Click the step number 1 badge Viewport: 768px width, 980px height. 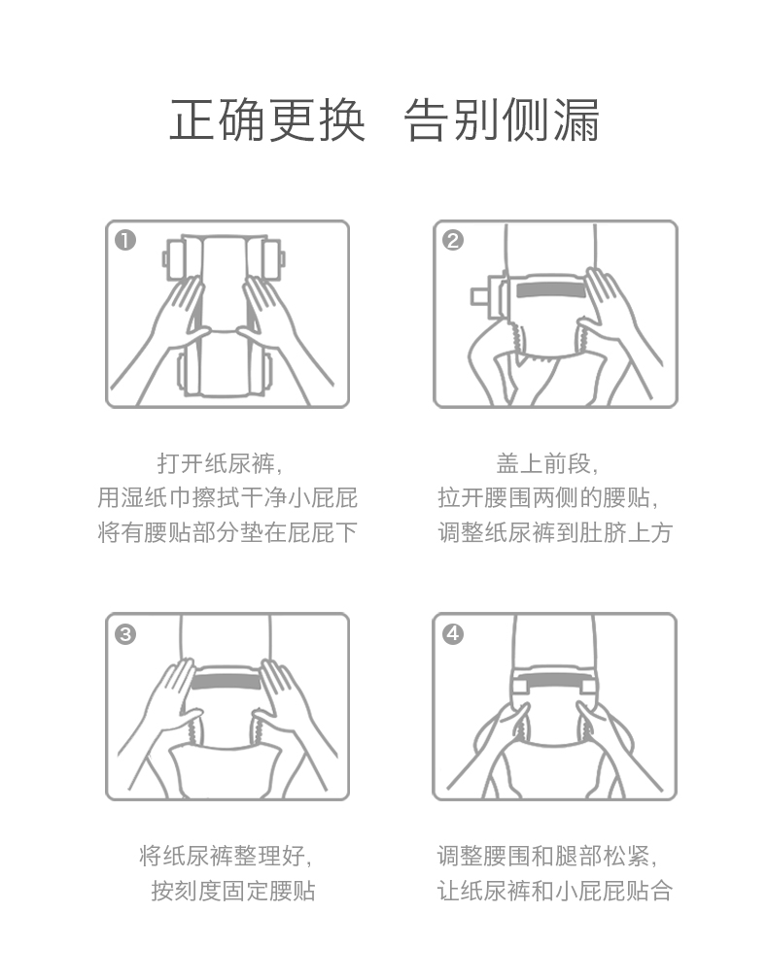point(125,241)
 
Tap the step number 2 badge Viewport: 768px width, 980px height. point(453,241)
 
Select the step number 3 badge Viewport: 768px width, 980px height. point(125,634)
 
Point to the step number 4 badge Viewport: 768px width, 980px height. point(453,634)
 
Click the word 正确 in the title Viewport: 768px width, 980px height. point(218,119)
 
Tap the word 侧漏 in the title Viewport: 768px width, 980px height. point(550,119)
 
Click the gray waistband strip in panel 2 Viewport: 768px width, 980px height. point(550,290)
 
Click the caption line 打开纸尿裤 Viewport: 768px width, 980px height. point(220,463)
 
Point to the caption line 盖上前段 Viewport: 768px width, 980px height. point(547,463)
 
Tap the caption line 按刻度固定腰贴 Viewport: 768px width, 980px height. point(233,891)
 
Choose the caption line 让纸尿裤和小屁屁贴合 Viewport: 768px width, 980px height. point(555,891)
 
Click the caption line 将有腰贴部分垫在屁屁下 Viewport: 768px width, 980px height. point(227,532)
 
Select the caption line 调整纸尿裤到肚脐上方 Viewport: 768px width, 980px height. point(555,532)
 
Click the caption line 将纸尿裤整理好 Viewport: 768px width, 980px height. point(226,856)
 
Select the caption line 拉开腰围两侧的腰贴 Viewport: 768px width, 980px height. point(547,498)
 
